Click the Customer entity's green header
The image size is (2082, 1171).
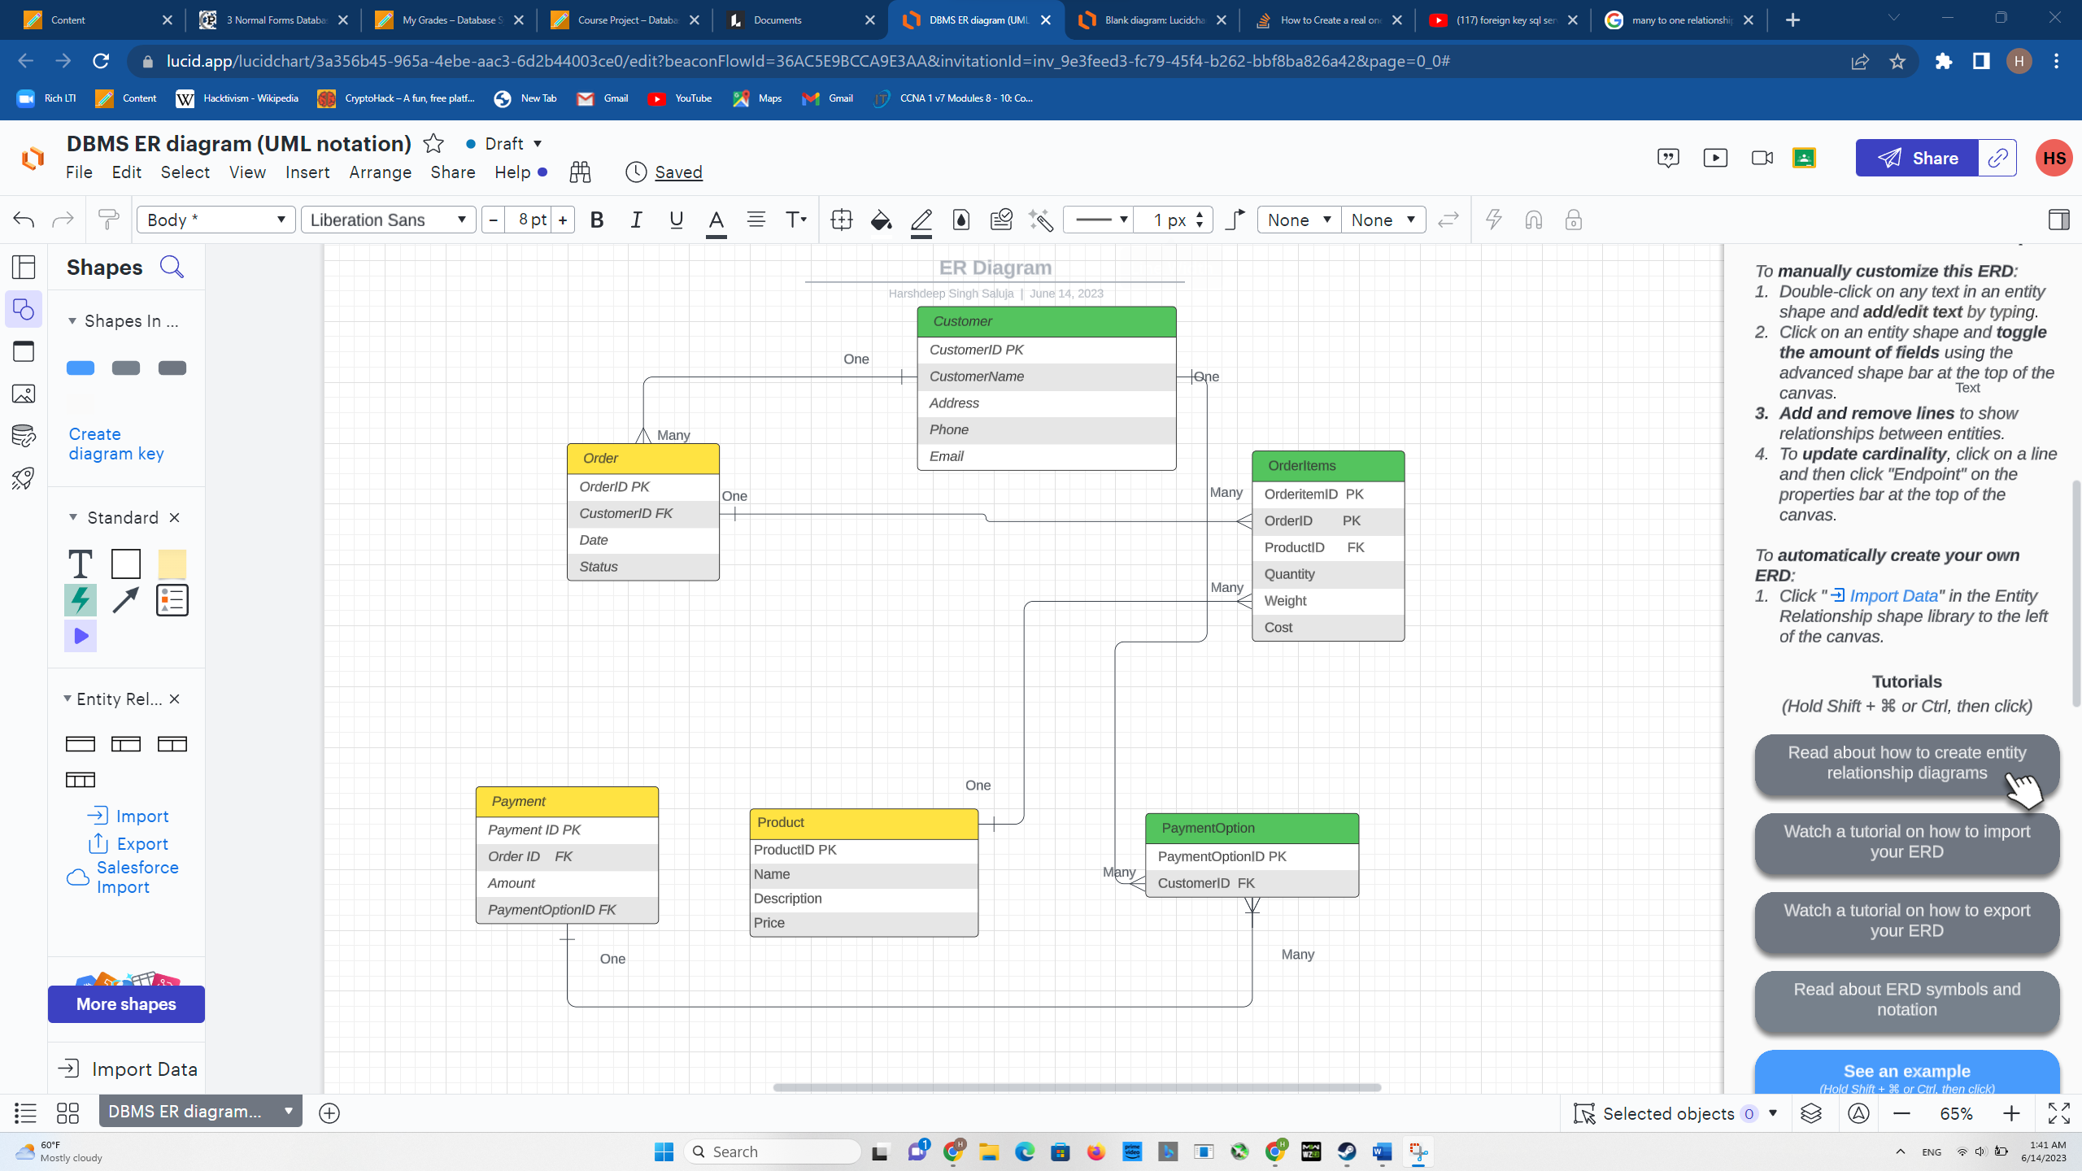pos(1046,322)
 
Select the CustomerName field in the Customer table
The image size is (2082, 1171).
pos(1046,377)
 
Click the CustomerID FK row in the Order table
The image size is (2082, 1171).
pos(642,514)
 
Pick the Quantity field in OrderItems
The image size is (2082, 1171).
pos(1327,574)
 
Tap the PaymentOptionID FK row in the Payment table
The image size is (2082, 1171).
pos(567,910)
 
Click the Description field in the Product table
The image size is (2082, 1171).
pos(863,899)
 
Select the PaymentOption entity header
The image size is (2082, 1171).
pos(1251,829)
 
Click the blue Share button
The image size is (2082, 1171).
pos(1917,159)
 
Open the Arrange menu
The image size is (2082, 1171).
pos(380,172)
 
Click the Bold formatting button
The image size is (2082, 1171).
pos(597,220)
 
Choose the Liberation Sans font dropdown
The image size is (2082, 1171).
pos(388,220)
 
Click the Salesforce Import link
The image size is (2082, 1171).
pos(137,877)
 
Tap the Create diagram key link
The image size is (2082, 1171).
pos(116,444)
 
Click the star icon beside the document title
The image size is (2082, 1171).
pos(433,144)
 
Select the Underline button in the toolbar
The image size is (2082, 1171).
pos(676,220)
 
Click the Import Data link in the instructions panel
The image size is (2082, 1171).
pos(1893,596)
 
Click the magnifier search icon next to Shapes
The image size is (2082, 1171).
pos(172,267)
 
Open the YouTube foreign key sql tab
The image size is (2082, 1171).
pos(1504,20)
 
